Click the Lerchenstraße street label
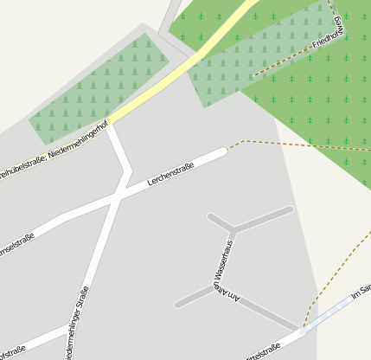[171, 171]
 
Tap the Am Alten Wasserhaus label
[226, 268]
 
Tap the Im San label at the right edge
[362, 289]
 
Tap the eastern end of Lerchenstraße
[224, 151]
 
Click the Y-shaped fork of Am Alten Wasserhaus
[233, 229]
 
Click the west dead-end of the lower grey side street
[178, 305]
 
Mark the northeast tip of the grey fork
[289, 209]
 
